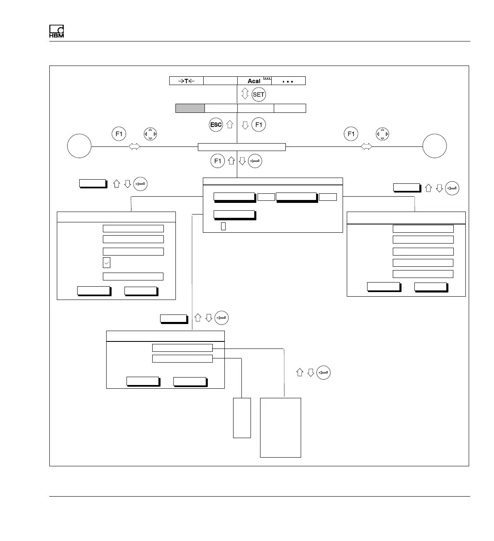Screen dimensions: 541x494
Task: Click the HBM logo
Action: (56, 32)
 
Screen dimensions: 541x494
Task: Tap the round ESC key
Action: (216, 124)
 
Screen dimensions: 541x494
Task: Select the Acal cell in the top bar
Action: (254, 81)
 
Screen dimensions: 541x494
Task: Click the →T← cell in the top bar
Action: (186, 81)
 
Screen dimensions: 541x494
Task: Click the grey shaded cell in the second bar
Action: (190, 108)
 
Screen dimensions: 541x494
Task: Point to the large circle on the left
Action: (79, 146)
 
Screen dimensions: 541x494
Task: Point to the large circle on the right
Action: (434, 146)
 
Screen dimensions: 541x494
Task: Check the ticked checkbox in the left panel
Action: (107, 263)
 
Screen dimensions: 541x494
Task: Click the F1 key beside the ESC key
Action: (258, 124)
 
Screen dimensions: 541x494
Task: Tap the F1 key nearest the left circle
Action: (119, 134)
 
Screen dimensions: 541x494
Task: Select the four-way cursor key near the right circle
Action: (382, 134)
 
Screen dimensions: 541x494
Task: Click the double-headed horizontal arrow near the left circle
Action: (134, 146)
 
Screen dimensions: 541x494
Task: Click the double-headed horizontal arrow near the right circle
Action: (366, 146)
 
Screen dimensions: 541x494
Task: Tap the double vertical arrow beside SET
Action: (245, 94)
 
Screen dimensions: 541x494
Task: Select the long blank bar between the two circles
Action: (241, 147)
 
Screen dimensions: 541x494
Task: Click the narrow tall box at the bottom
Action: (242, 417)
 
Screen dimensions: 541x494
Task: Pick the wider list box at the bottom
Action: (280, 427)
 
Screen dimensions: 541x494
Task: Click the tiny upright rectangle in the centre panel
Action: (223, 226)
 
